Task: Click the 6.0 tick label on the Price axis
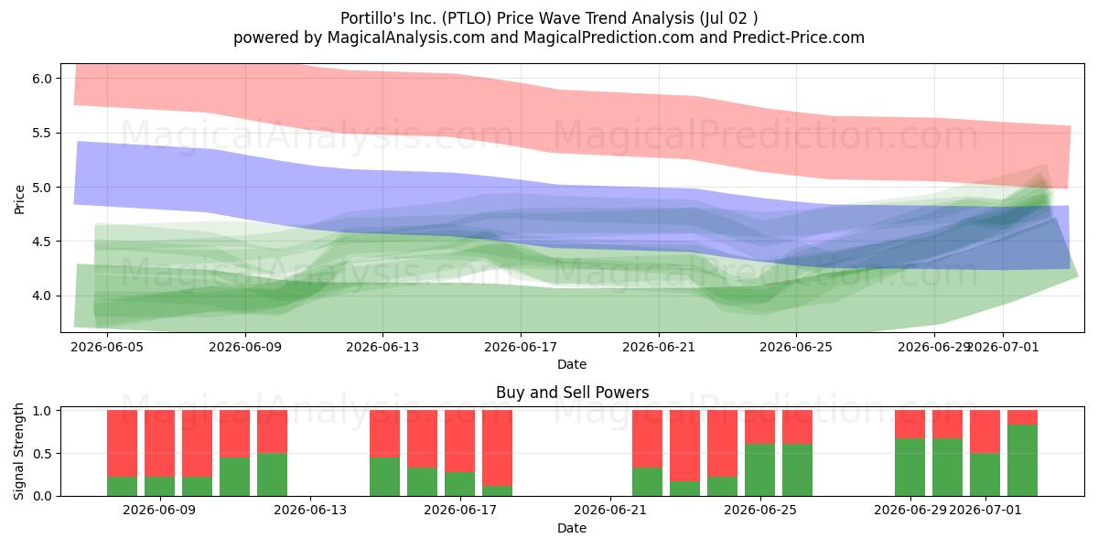42,79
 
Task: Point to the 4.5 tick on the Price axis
42,242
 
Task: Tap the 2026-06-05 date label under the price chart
107,347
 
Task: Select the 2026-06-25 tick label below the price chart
796,347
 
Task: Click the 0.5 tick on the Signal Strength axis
42,454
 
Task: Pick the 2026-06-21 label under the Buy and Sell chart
610,510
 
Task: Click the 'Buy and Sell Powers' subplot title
572,393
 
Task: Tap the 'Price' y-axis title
19,199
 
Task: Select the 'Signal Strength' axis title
19,451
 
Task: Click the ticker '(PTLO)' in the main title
467,18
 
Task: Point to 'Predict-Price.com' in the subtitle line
799,38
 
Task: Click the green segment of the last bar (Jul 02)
1023,460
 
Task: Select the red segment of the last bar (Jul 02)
1023,417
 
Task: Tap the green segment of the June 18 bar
497,490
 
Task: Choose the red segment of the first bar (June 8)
122,444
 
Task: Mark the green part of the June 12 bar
272,475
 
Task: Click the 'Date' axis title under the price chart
572,364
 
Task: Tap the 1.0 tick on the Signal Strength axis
42,411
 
